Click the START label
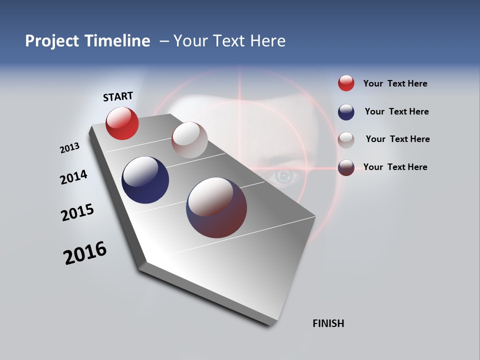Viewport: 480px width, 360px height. click(118, 96)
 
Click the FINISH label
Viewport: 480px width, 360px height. click(328, 323)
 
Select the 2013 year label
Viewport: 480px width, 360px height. click(70, 148)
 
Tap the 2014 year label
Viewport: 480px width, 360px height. click(73, 177)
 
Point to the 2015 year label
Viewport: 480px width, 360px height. click(77, 212)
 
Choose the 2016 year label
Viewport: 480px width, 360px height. click(85, 253)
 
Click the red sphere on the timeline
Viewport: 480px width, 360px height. click(122, 123)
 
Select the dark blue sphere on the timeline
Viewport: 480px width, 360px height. click(145, 180)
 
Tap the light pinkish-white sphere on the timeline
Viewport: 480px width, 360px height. click(189, 140)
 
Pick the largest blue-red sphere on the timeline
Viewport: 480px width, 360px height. click(216, 207)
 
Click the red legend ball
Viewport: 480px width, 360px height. click(346, 83)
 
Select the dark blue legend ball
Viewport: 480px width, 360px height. click(346, 112)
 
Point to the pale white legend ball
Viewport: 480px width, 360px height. click(346, 139)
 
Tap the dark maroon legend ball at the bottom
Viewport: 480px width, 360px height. click(346, 167)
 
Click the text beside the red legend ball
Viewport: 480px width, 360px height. click(395, 84)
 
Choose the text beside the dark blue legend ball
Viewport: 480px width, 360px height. click(396, 111)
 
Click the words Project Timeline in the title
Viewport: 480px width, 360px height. click(87, 41)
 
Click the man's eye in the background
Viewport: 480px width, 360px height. click(283, 176)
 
